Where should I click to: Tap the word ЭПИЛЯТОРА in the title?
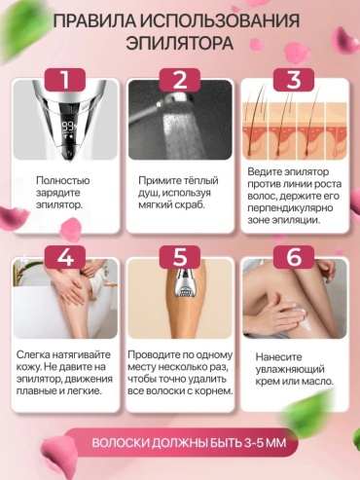[180, 43]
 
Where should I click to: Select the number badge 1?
[65, 80]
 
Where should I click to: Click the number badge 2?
[180, 80]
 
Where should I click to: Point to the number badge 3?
[294, 80]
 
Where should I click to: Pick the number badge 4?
[65, 257]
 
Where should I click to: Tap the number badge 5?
[180, 257]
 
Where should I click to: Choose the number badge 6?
[294, 257]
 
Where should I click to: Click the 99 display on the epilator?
[68, 126]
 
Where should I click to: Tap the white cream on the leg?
[304, 318]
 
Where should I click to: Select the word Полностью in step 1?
[63, 180]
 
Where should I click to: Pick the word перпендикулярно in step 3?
[290, 207]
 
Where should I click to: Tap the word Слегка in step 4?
[32, 354]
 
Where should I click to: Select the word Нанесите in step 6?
[278, 357]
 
